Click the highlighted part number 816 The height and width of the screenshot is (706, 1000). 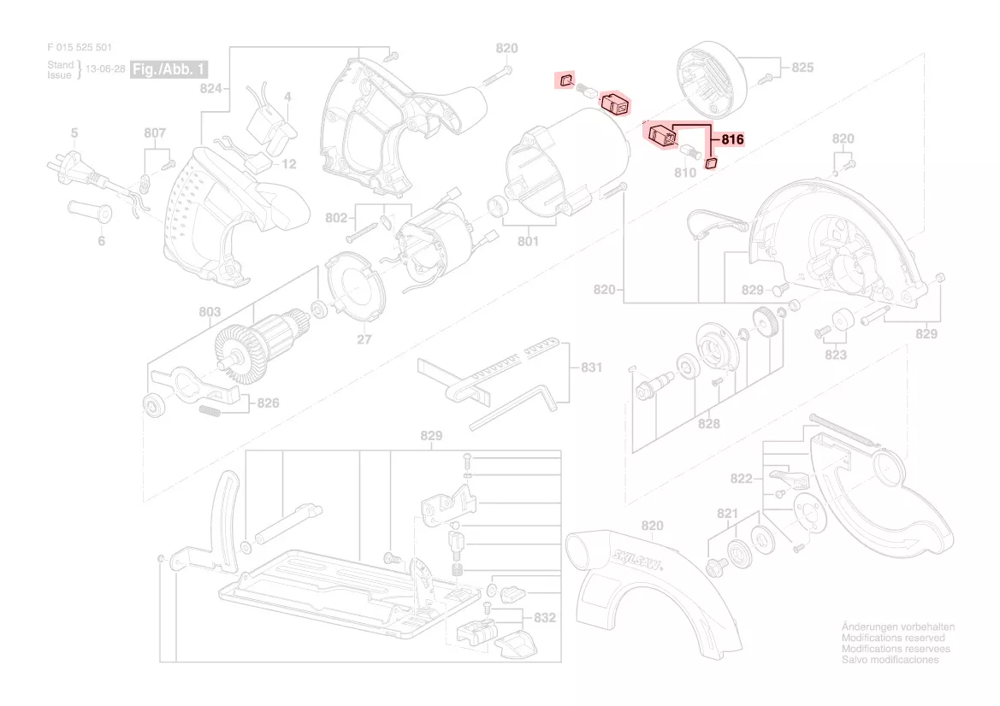[x=733, y=139]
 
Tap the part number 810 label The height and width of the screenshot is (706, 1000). [x=685, y=172]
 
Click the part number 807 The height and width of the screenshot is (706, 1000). [x=155, y=133]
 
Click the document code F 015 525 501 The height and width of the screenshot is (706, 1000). [x=80, y=49]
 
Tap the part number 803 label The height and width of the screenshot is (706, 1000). [x=210, y=312]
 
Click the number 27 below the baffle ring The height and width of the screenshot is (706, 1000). [x=364, y=339]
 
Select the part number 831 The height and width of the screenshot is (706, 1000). [x=591, y=368]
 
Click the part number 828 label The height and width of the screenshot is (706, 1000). [x=708, y=423]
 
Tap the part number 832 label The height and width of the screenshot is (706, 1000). [x=545, y=617]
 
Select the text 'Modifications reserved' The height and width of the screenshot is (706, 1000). [x=893, y=638]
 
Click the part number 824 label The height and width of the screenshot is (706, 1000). [x=210, y=88]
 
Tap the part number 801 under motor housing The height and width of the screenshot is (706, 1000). [x=528, y=242]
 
